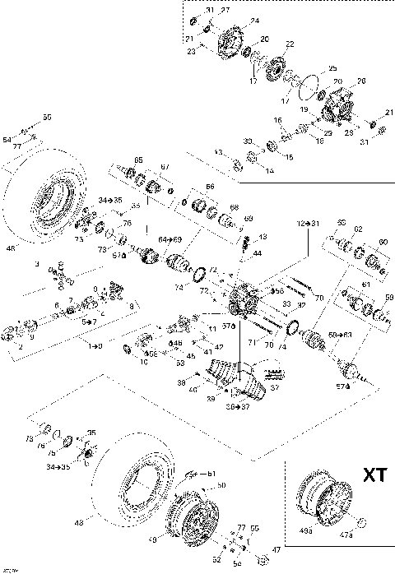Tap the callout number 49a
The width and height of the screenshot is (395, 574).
coord(307,532)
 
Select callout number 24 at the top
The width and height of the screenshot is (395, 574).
coord(254,21)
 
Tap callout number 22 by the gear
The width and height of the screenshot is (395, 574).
coord(289,44)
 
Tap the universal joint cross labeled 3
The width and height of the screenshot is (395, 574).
coord(58,272)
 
